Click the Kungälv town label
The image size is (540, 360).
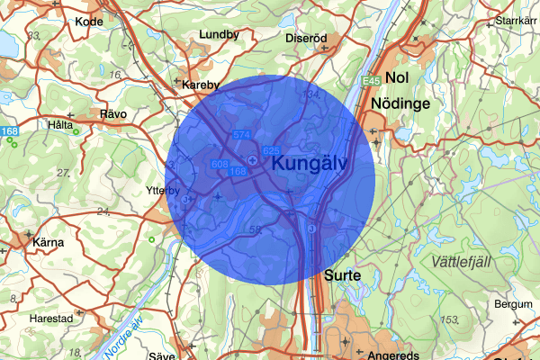click(x=321, y=165)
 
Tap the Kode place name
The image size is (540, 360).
click(x=89, y=21)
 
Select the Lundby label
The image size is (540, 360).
click(x=220, y=35)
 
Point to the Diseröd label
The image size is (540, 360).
click(x=304, y=39)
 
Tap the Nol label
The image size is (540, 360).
click(x=396, y=78)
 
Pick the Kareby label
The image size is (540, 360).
click(x=201, y=85)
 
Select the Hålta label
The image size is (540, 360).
click(x=62, y=125)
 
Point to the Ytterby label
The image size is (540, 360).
click(x=162, y=190)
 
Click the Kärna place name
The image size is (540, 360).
click(x=48, y=243)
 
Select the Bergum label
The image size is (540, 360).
click(x=513, y=304)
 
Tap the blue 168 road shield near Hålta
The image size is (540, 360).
click(x=9, y=132)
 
